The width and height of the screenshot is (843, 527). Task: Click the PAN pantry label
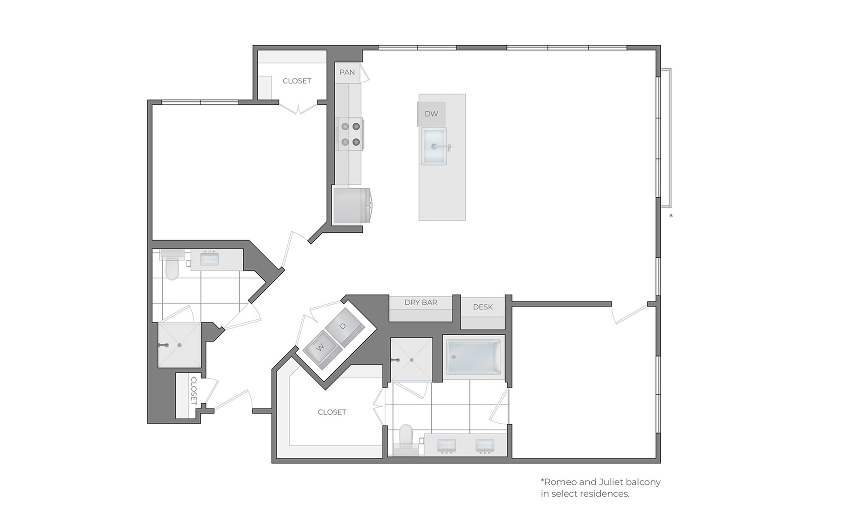(x=347, y=72)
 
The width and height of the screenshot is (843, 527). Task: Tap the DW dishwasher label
(x=431, y=114)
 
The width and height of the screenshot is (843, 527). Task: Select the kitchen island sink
(x=434, y=146)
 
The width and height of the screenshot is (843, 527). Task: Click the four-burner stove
(x=350, y=134)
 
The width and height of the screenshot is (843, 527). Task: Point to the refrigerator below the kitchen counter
(x=351, y=206)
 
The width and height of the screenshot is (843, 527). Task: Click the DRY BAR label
(x=421, y=302)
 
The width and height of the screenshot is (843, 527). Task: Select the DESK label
(x=483, y=307)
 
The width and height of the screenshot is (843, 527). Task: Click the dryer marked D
(x=344, y=326)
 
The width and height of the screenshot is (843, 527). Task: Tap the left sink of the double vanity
(x=447, y=445)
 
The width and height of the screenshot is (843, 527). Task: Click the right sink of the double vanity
(x=485, y=445)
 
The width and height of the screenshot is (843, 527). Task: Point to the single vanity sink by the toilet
(x=209, y=258)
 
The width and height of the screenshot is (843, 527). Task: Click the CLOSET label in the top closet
(x=297, y=81)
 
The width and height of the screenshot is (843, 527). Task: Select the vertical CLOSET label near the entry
(x=194, y=391)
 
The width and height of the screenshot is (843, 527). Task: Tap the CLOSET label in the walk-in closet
(x=332, y=412)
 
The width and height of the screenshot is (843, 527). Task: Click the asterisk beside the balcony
(x=671, y=216)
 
